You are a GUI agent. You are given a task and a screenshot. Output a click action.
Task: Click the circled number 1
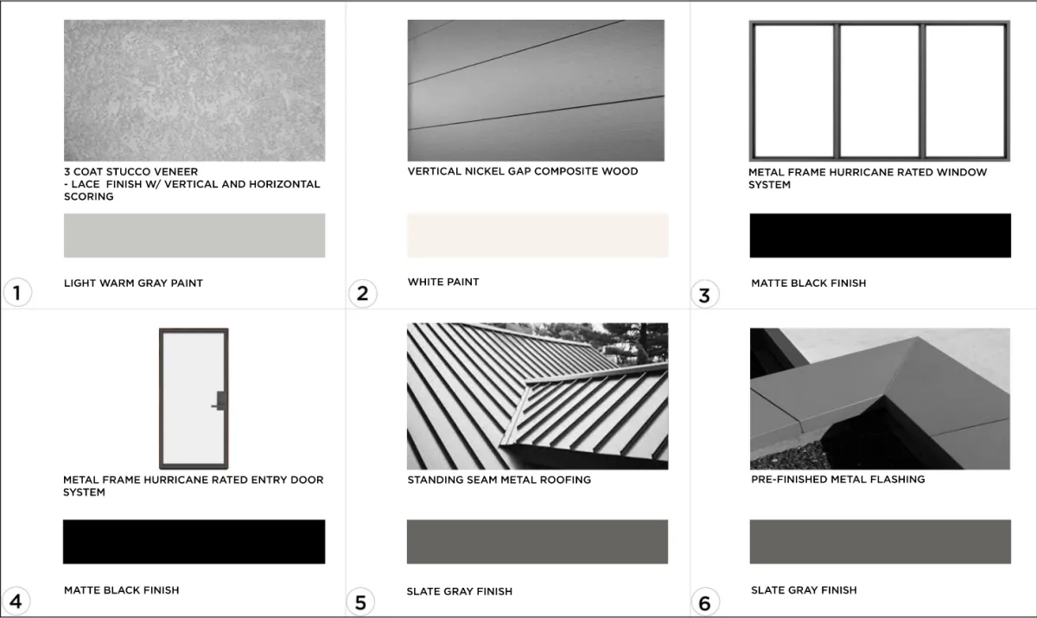17,292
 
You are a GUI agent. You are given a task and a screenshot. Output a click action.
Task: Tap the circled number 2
362,293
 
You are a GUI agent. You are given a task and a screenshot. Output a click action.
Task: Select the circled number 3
704,295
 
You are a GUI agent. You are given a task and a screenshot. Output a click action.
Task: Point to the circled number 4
16,602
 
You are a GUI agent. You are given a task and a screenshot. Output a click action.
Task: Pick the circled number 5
360,602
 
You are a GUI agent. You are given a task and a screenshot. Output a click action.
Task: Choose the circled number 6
705,602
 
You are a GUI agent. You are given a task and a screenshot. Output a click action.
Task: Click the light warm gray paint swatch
194,235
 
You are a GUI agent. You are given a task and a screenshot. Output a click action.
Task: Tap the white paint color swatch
538,235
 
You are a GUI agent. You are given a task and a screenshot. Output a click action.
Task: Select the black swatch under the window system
880,235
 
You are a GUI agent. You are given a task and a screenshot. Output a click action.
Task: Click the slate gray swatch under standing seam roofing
538,542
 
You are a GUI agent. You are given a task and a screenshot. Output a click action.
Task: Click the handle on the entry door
219,401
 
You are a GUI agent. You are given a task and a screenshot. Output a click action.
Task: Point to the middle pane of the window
879,91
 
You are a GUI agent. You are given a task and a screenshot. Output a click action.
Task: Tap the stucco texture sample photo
194,90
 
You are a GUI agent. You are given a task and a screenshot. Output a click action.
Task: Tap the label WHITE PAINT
443,282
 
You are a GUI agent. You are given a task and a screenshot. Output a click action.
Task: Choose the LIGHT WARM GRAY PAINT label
133,283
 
